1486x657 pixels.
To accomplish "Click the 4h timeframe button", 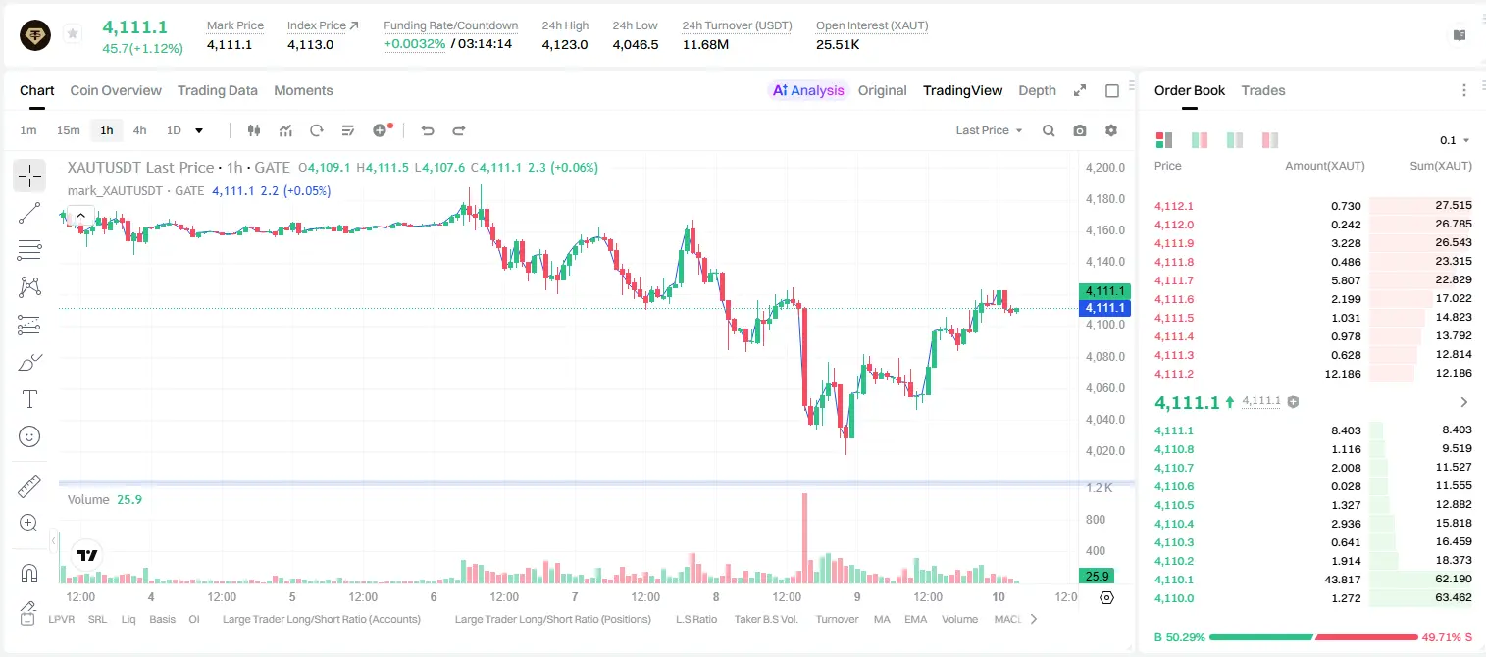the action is coord(139,130).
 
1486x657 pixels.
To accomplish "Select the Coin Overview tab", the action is coord(116,91).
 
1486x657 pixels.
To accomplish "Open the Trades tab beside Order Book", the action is coord(1263,91).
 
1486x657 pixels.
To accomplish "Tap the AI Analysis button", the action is coord(808,91).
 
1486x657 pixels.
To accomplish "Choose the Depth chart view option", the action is coord(1037,91).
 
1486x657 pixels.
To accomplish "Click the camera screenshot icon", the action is coord(1080,130).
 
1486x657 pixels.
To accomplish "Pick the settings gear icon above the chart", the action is coord(1111,130).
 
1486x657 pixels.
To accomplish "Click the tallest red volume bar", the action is coord(804,537).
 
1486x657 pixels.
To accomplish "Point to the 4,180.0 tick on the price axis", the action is coord(1105,199).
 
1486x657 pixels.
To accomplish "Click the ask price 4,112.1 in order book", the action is coord(1173,206).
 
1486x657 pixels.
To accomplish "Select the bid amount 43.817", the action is coord(1343,580).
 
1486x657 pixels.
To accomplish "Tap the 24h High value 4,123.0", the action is coord(565,44).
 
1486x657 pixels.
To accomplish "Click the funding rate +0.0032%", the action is coord(415,44).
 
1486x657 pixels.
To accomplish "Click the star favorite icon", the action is coord(73,33).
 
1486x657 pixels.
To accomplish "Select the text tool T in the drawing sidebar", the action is coord(29,399).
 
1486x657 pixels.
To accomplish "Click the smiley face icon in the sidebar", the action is coord(29,436).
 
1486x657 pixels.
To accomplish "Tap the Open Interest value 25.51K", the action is coord(838,44).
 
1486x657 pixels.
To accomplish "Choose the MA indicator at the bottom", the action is coord(882,619).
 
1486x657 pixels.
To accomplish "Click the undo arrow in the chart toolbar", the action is coord(428,130).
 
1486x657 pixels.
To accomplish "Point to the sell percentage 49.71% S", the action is coord(1447,637).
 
